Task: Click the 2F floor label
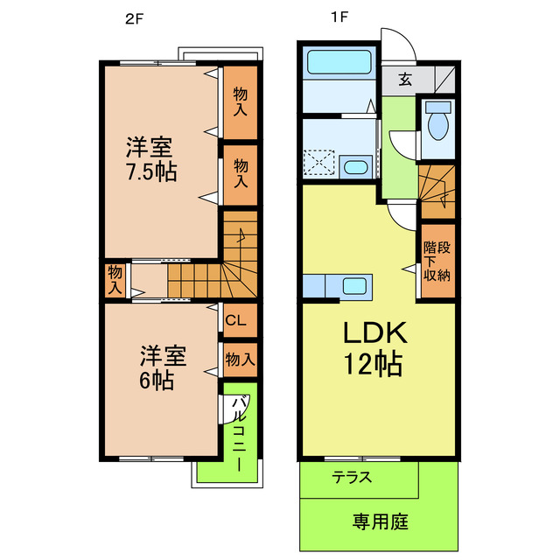(x=133, y=17)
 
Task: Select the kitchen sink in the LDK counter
(x=355, y=286)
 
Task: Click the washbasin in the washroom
(x=354, y=166)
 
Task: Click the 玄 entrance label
(x=405, y=80)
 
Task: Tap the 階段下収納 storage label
(x=437, y=261)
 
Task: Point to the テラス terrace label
(x=353, y=478)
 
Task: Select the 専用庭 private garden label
(x=381, y=522)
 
